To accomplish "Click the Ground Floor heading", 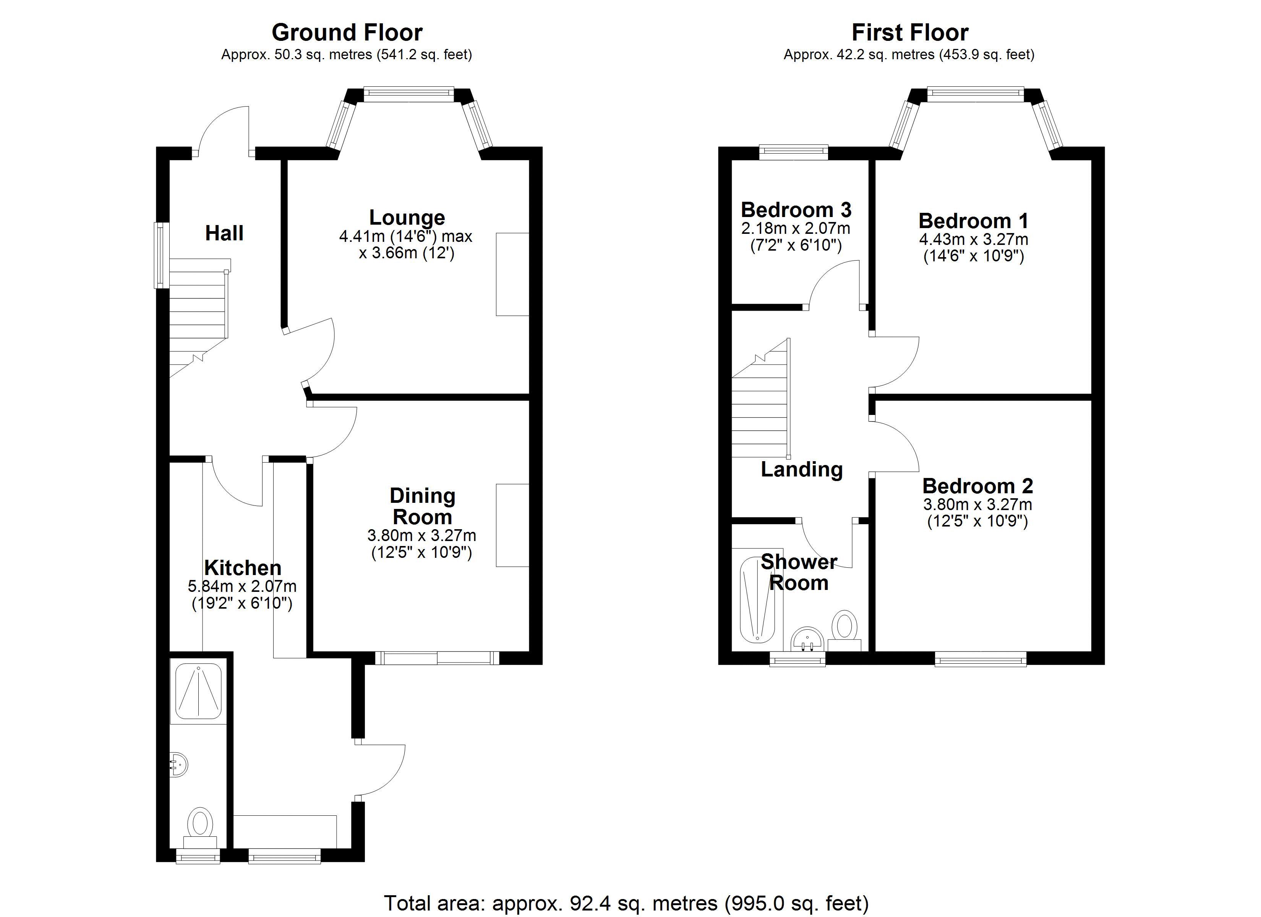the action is [347, 33].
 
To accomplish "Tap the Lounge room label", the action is [407, 217].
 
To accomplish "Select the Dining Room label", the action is [423, 506].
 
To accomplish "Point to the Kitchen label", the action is [243, 568].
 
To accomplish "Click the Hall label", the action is [225, 233].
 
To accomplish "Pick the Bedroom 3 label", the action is [796, 210].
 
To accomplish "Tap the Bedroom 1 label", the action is [974, 221].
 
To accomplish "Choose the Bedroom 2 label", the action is [977, 486].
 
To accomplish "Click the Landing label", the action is [802, 469].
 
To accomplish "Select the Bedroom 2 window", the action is [980, 660].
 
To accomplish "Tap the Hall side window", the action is [162, 255].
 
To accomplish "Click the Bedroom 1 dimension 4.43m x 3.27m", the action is [974, 240].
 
